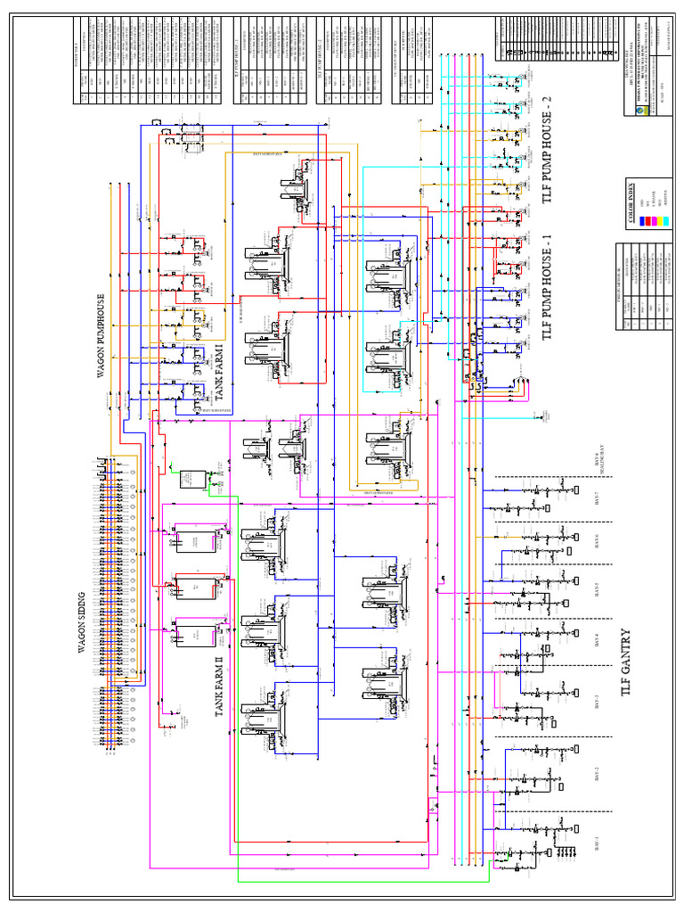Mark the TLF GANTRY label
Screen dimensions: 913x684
point(625,664)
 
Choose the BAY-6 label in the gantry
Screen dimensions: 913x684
point(597,541)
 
